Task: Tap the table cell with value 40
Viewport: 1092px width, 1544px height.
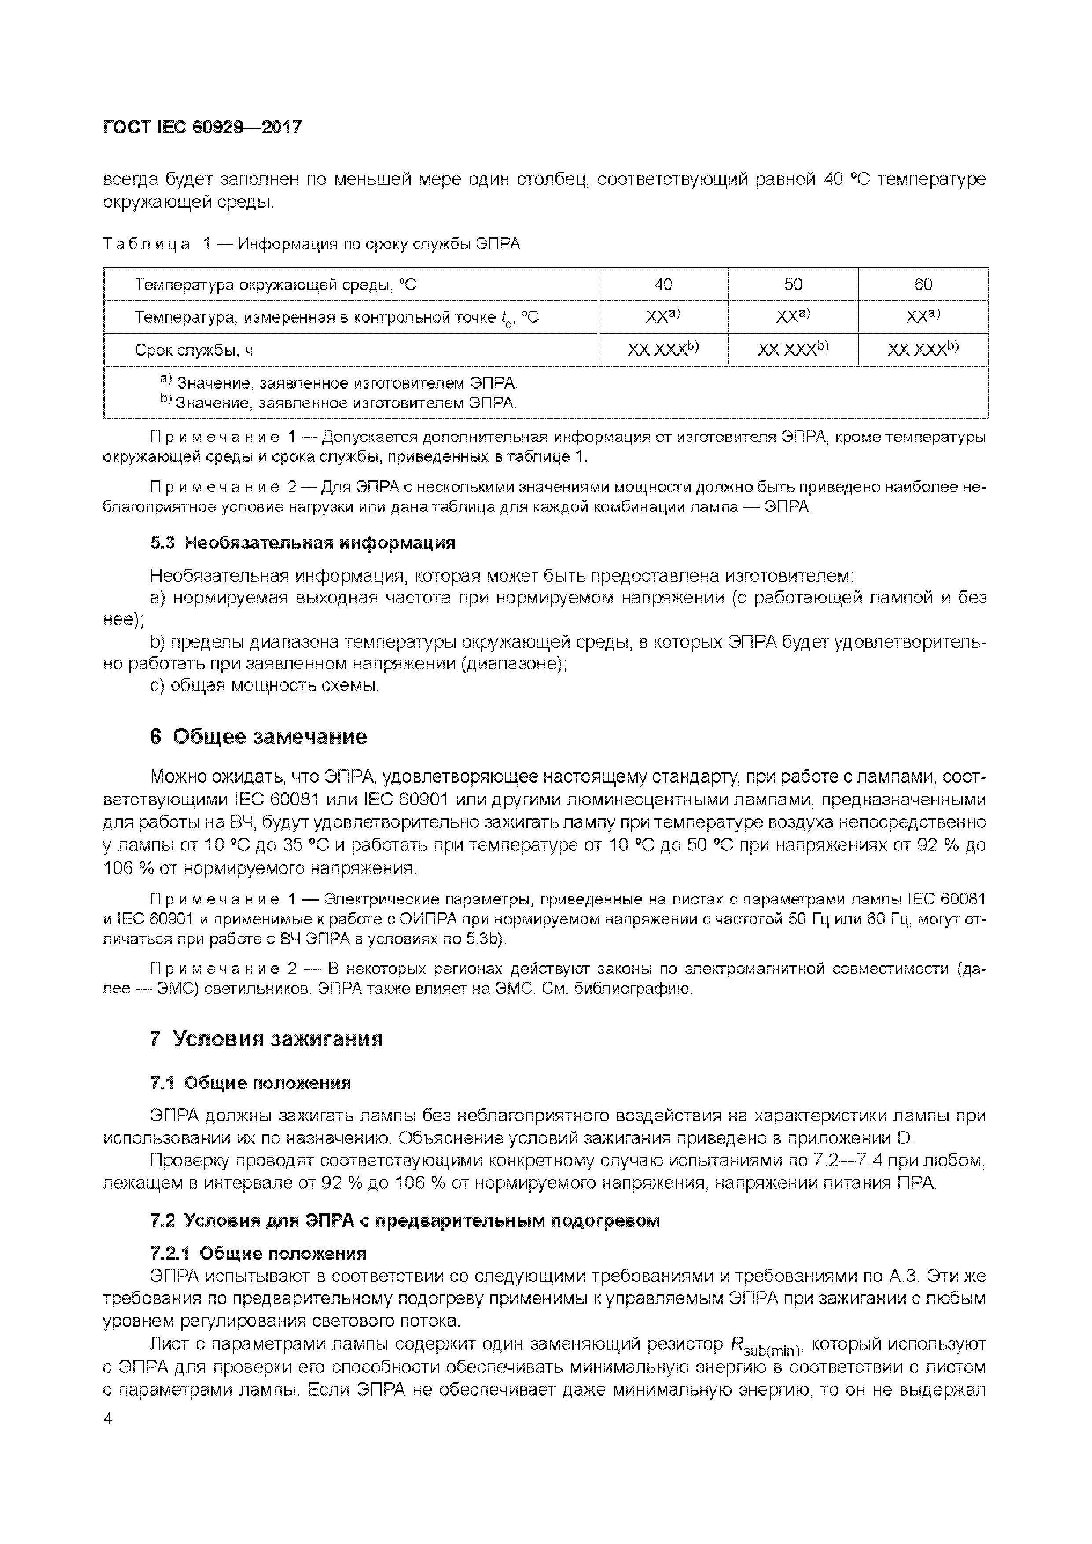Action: click(663, 284)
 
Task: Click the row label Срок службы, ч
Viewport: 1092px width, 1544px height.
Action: click(194, 350)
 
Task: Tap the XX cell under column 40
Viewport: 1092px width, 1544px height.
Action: click(663, 317)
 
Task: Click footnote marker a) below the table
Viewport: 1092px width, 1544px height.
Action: click(166, 381)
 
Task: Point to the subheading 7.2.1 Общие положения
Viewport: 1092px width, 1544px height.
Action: click(258, 1254)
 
